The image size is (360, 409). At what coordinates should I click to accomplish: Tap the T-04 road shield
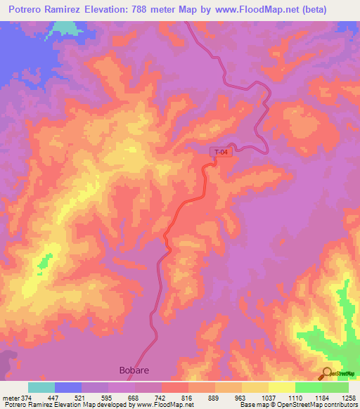221,152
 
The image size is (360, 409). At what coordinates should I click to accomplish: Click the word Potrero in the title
31,9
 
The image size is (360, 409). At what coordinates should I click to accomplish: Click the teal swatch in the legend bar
41,387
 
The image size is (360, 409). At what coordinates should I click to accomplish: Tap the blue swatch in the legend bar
68,387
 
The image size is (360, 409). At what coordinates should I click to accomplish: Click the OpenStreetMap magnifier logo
326,373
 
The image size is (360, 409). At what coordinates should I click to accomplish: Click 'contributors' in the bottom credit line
339,405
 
